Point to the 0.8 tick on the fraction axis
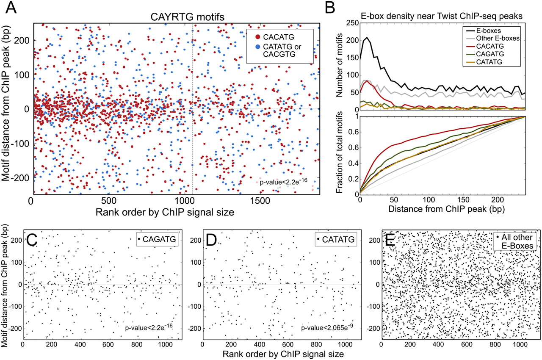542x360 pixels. [351, 131]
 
